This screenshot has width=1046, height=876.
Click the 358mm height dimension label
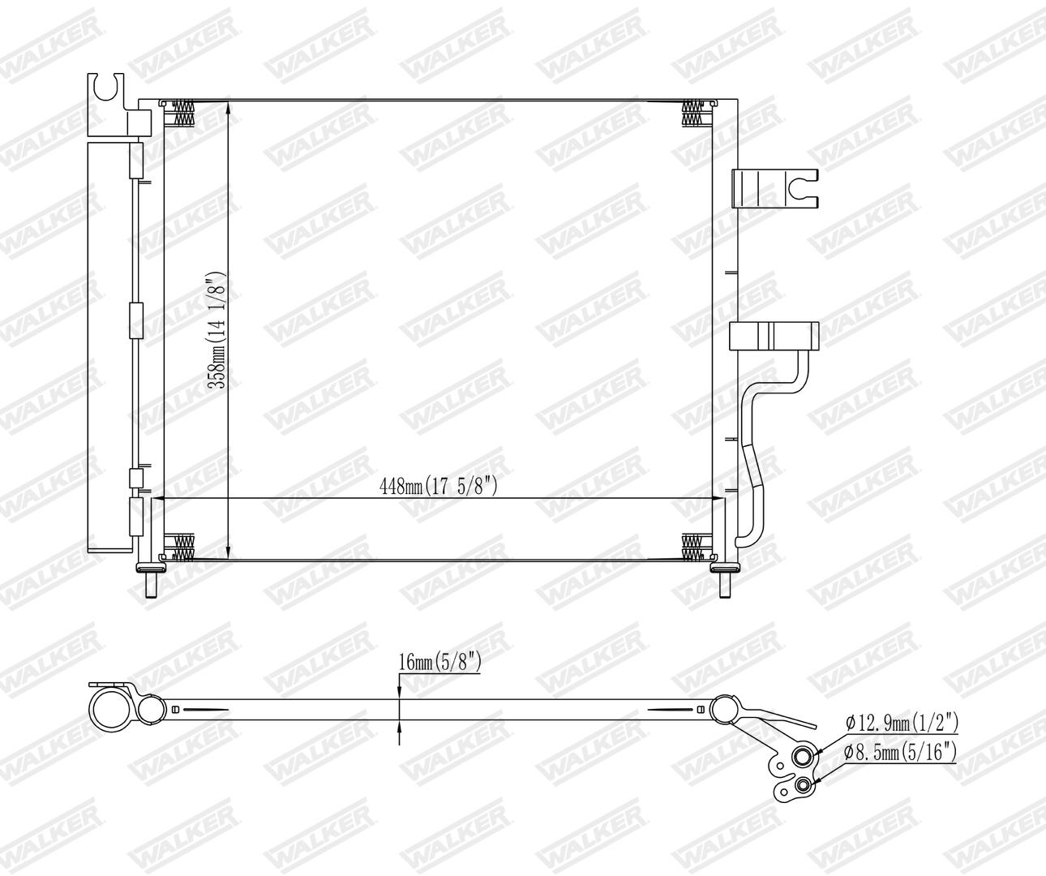[217, 330]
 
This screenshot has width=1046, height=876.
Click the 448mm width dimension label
[439, 486]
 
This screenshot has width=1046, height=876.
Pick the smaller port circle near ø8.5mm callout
[804, 785]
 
